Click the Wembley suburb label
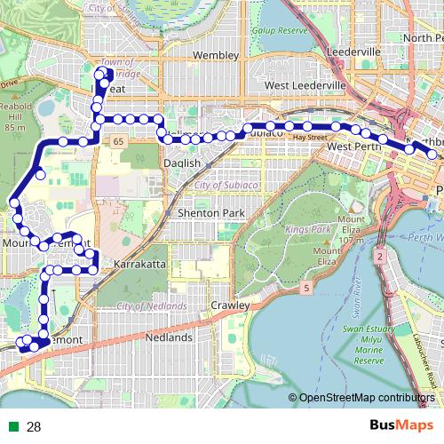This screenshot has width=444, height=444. click(x=217, y=55)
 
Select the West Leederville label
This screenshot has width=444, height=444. click(x=305, y=84)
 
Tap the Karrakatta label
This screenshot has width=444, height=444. click(x=136, y=265)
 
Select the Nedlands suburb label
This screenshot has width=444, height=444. click(x=169, y=338)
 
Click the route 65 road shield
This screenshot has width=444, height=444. click(x=117, y=141)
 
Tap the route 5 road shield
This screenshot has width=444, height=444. click(x=306, y=288)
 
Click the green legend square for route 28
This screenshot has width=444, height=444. click(x=12, y=426)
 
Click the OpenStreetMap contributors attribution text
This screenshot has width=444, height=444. click(x=367, y=397)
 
